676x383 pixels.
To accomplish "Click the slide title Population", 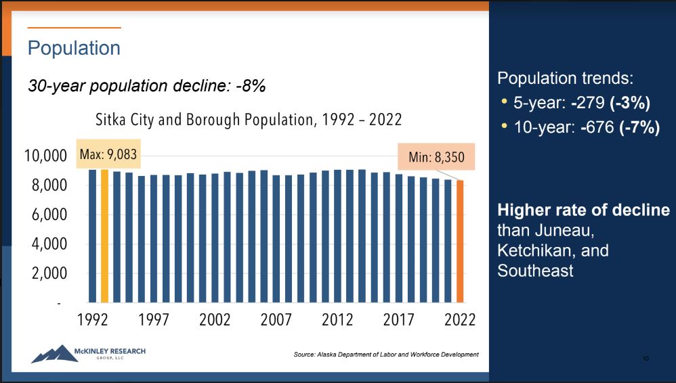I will pos(74,49).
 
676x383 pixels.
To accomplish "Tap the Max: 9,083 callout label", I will pos(108,154).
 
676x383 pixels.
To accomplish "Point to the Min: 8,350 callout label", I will pos(437,158).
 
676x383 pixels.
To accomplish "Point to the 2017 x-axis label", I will pos(399,320).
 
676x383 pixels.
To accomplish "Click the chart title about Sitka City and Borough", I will pos(249,120).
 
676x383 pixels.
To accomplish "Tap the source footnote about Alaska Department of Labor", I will pos(386,354).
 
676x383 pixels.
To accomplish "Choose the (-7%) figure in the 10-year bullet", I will pos(639,127).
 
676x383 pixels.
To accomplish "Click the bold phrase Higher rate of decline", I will pos(583,210).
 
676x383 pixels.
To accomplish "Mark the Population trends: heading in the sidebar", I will pos(564,78).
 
